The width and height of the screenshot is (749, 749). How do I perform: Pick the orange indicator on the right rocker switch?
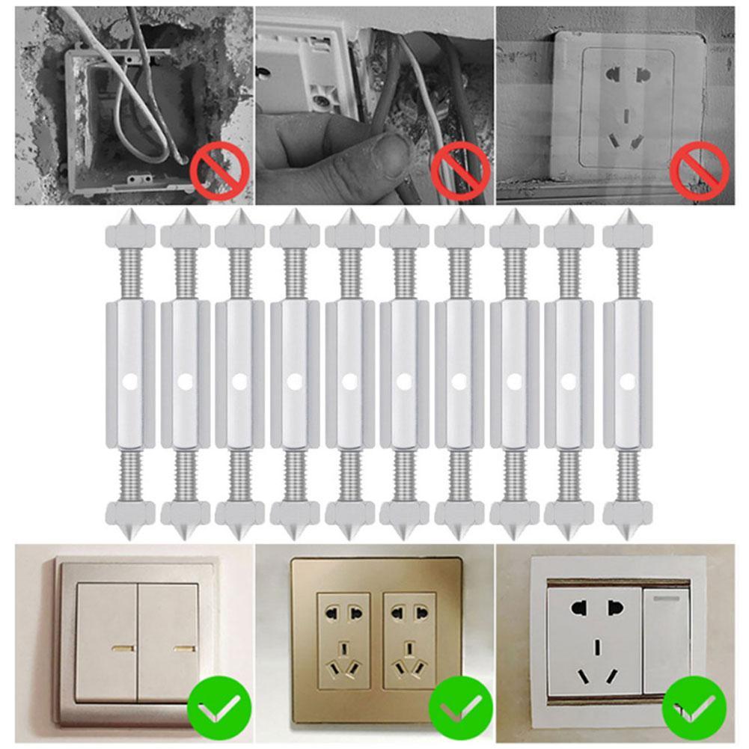coord(182,645)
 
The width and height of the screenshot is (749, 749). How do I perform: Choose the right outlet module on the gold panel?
coord(409,641)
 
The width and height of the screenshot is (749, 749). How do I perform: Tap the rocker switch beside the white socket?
coord(666,640)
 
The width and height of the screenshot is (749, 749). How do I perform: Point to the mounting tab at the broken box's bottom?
coord(138,180)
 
